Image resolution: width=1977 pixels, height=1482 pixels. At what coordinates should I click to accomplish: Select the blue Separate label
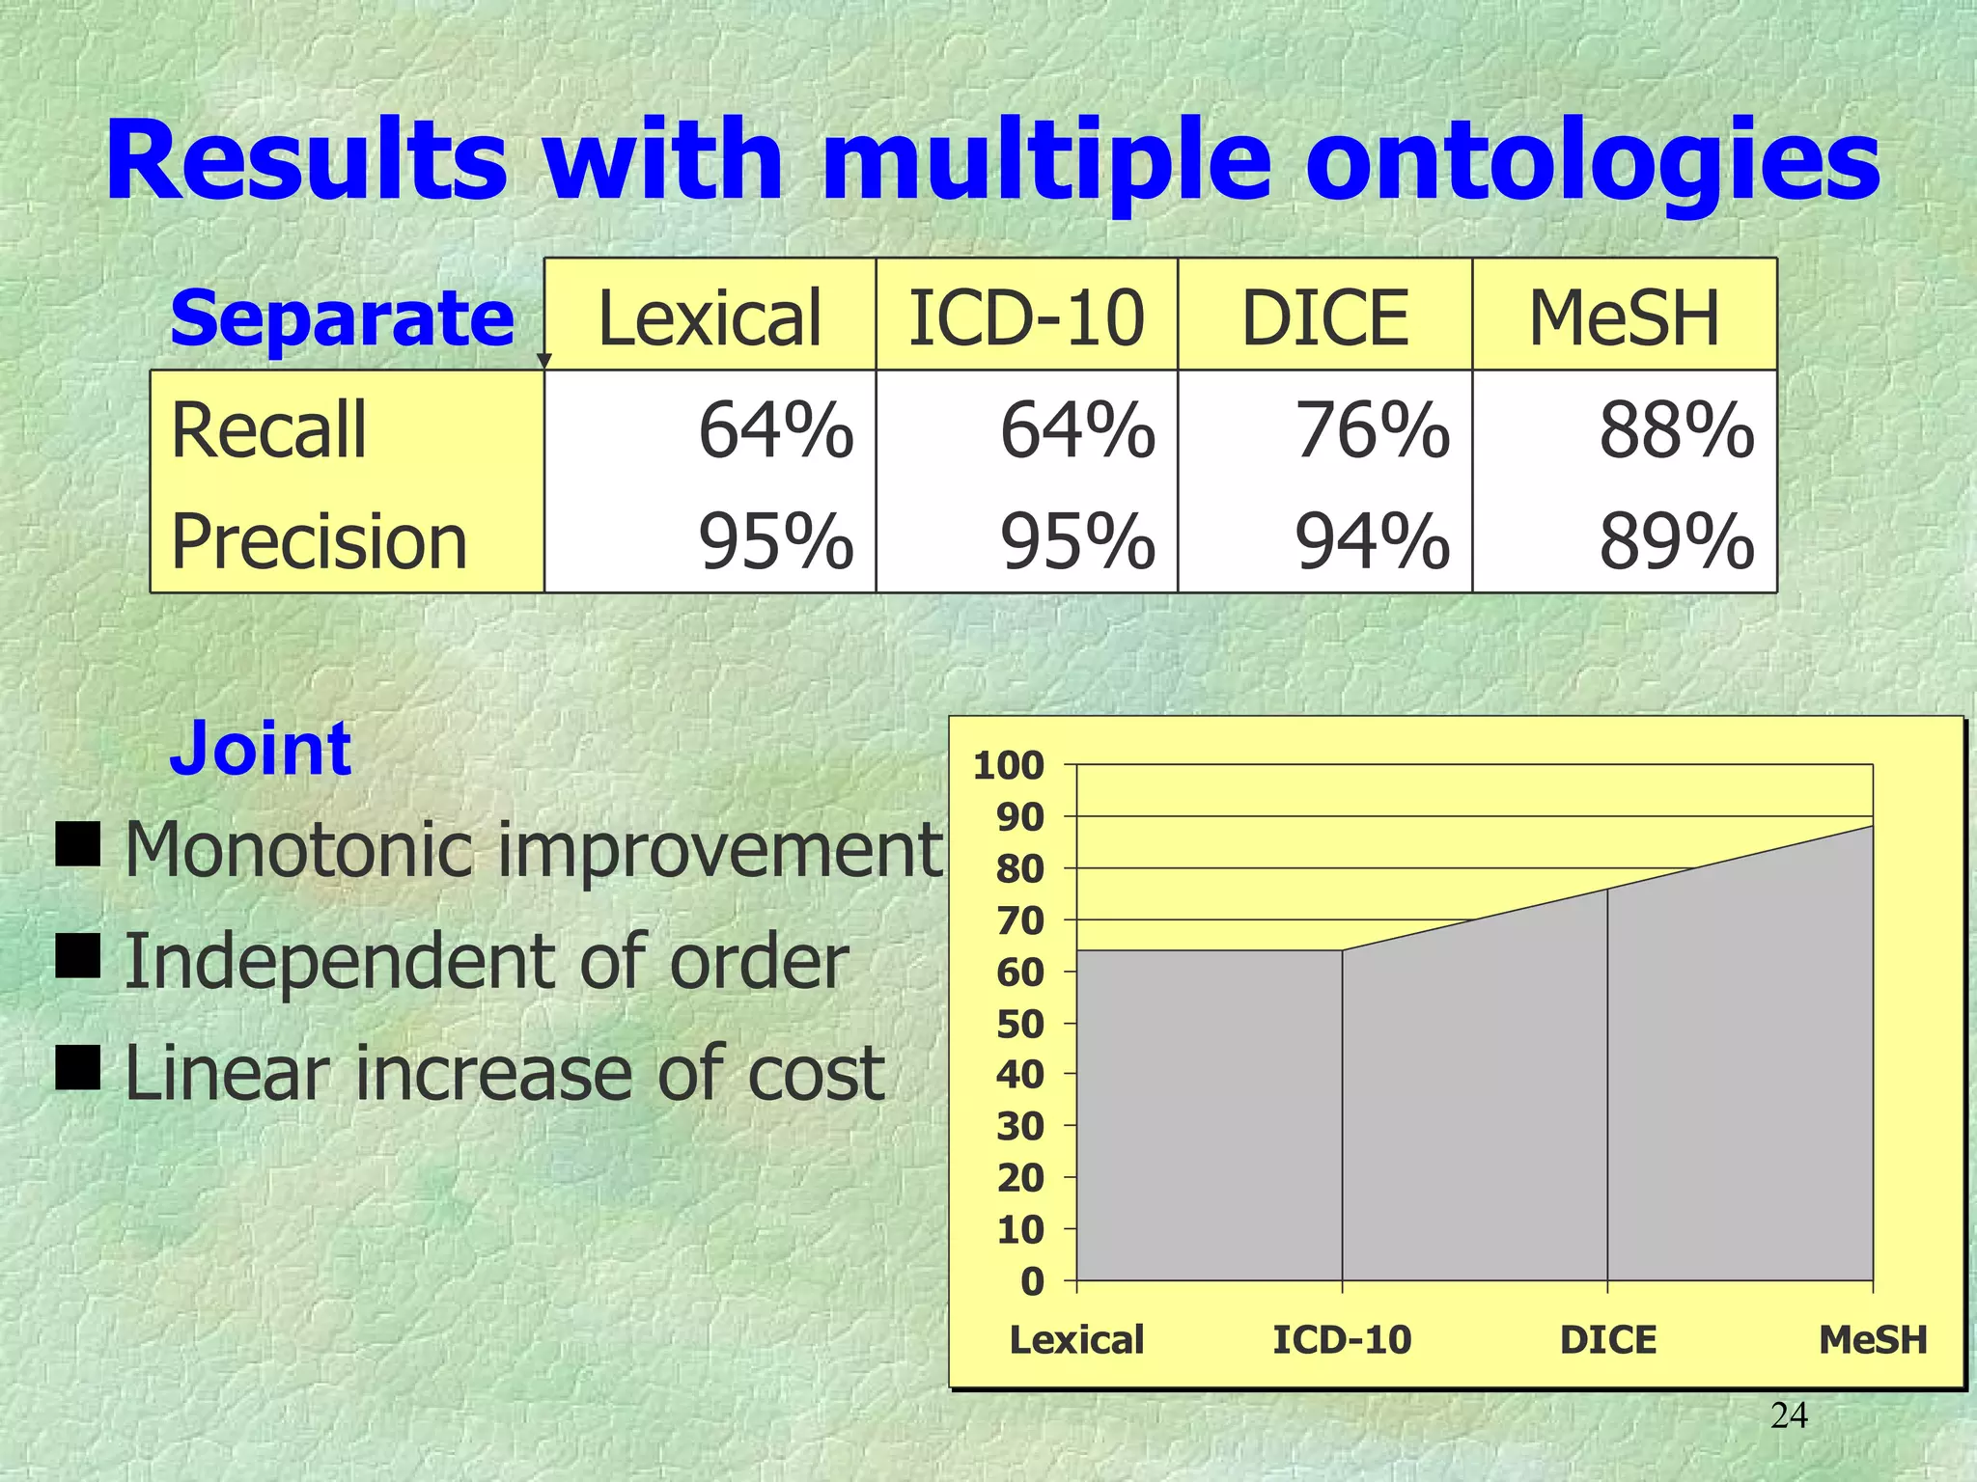point(342,318)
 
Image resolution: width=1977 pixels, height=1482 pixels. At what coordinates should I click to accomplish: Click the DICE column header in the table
point(1324,318)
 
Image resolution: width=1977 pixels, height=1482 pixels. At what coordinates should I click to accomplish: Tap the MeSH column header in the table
point(1624,318)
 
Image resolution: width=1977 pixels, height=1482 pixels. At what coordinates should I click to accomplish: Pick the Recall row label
point(268,430)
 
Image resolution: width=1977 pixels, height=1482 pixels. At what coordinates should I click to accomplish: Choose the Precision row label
point(319,542)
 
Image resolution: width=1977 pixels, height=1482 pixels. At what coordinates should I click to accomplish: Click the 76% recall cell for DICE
point(1372,431)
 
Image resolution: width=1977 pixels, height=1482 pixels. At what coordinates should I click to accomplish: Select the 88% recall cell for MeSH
point(1676,431)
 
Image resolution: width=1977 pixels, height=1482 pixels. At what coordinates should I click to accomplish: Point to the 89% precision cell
point(1676,542)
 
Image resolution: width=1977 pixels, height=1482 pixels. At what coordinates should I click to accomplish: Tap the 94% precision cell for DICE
point(1372,542)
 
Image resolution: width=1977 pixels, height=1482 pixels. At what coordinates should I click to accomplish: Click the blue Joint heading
point(260,749)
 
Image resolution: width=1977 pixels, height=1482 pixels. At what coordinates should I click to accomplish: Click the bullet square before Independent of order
point(77,955)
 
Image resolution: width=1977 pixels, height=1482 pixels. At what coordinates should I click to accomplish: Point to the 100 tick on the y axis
point(1009,766)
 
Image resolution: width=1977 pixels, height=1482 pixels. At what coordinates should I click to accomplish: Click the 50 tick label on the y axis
point(1020,1024)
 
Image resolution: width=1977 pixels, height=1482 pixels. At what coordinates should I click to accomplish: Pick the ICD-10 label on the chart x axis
point(1342,1340)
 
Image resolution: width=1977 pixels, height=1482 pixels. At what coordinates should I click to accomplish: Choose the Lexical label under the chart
point(1076,1340)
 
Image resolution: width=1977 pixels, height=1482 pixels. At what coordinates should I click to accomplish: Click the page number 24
point(1789,1415)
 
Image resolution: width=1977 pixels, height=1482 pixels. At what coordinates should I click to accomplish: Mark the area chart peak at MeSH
point(1872,827)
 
